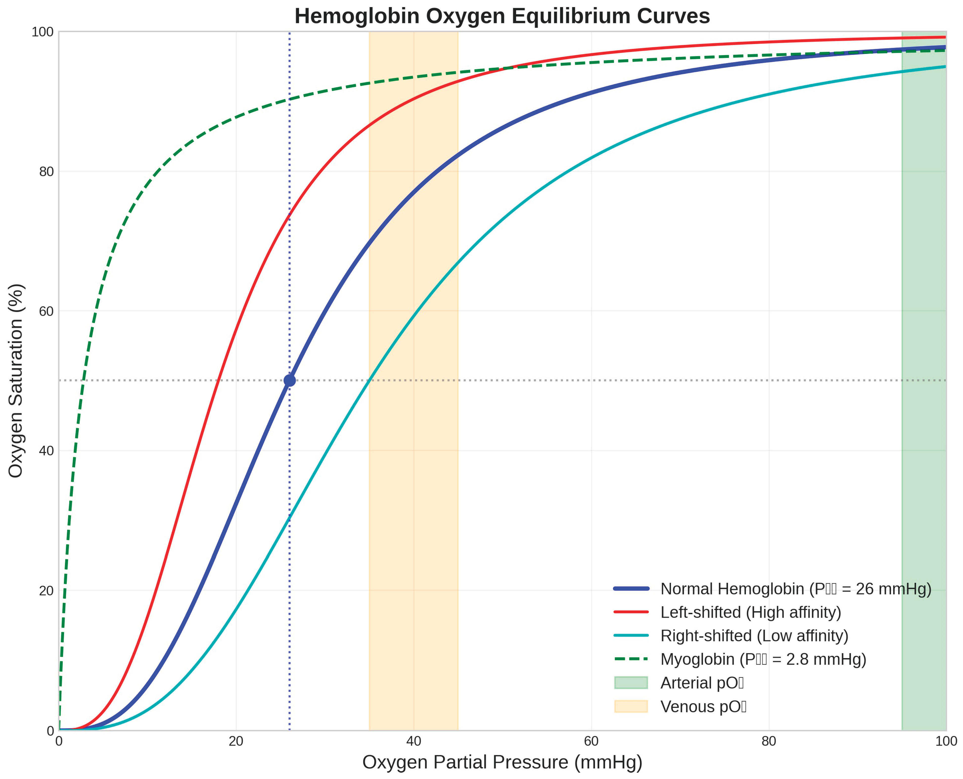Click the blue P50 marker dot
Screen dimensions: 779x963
coord(290,381)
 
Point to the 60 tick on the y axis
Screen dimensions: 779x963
coord(46,311)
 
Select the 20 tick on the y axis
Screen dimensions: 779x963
coord(46,591)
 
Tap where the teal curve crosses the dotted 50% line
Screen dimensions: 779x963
coord(369,381)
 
